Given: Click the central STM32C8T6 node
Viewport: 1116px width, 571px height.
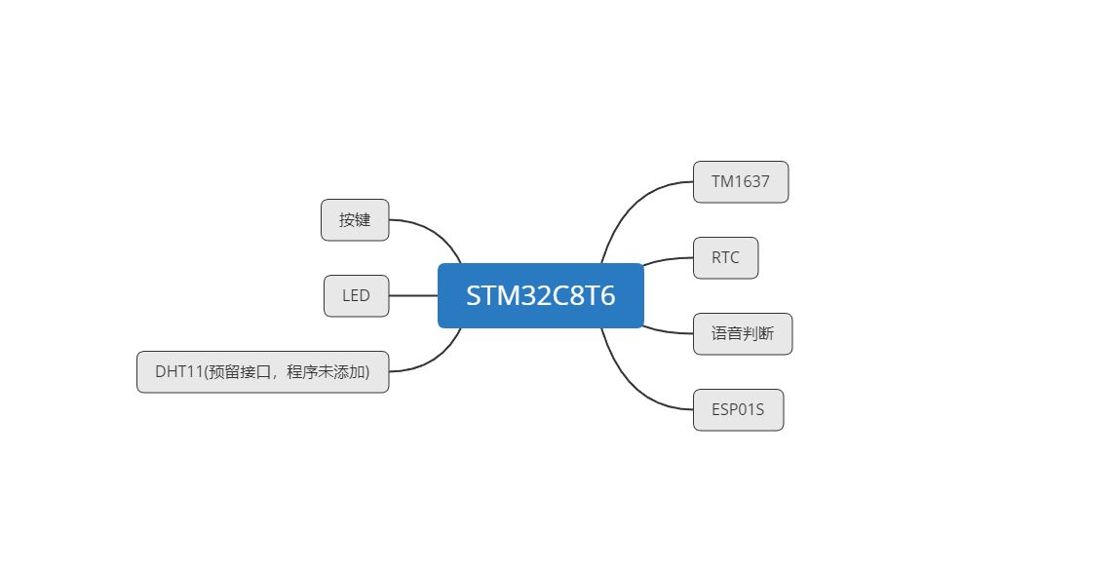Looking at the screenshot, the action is click(x=540, y=295).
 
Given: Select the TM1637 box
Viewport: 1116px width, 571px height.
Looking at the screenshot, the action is click(x=740, y=182).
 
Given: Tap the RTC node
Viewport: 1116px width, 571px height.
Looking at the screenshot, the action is click(x=725, y=258).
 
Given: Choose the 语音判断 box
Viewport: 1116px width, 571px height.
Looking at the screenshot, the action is click(x=742, y=334).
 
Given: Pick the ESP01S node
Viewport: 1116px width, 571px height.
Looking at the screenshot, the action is click(x=738, y=410).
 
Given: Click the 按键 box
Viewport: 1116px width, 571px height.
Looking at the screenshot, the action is click(x=355, y=220).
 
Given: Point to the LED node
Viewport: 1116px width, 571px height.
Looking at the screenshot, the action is click(x=356, y=296).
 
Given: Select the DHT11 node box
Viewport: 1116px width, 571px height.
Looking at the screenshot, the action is click(x=262, y=372).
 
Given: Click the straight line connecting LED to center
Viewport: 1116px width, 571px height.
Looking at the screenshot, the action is click(x=413, y=295).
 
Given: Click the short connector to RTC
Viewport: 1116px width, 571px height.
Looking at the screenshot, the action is click(x=668, y=260).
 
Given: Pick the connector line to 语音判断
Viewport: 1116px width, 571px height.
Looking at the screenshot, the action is click(x=668, y=330).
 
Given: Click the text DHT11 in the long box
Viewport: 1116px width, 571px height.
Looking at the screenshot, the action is click(x=177, y=372).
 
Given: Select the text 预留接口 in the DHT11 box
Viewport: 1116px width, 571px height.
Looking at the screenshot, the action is click(x=237, y=372).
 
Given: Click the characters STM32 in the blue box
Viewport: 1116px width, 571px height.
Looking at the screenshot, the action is click(x=499, y=295).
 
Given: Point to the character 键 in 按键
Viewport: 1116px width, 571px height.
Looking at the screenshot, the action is click(x=363, y=220).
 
